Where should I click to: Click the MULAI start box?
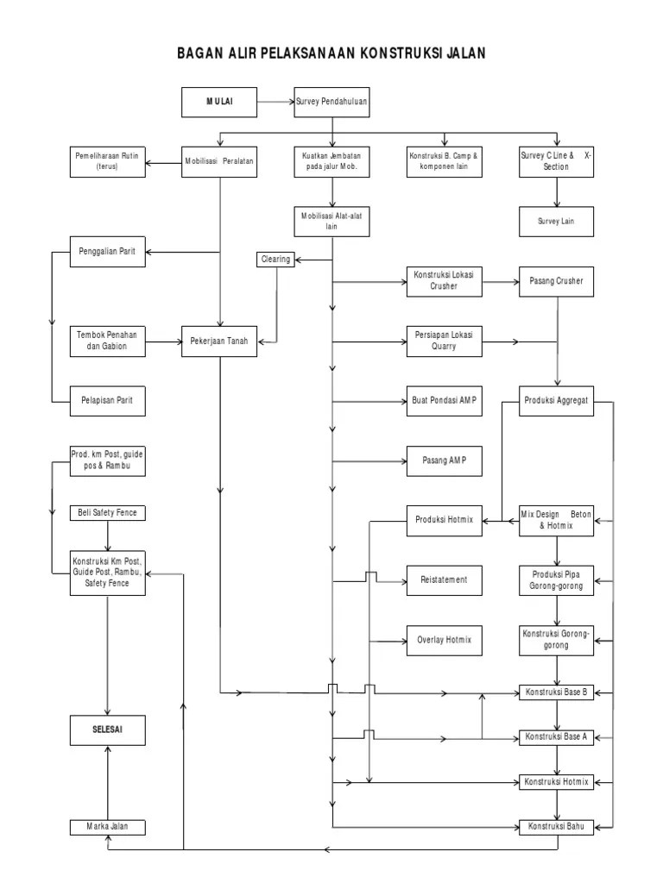point(219,102)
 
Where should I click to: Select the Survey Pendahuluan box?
point(331,102)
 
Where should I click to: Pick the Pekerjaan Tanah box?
point(219,341)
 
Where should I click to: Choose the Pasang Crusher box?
point(557,281)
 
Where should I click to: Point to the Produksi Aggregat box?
point(557,401)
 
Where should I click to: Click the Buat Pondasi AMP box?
point(444,401)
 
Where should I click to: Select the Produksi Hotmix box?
point(444,519)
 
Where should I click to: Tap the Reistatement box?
point(444,580)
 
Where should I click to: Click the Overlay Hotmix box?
point(444,641)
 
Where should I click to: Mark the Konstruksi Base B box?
point(557,692)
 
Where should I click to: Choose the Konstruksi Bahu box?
point(557,828)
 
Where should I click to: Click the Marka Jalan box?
point(107,828)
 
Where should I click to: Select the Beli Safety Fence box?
point(107,513)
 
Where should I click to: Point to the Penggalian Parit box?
point(107,251)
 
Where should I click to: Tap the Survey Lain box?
point(557,221)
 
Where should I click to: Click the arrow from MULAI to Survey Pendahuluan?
point(275,102)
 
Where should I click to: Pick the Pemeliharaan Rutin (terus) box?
point(107,161)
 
